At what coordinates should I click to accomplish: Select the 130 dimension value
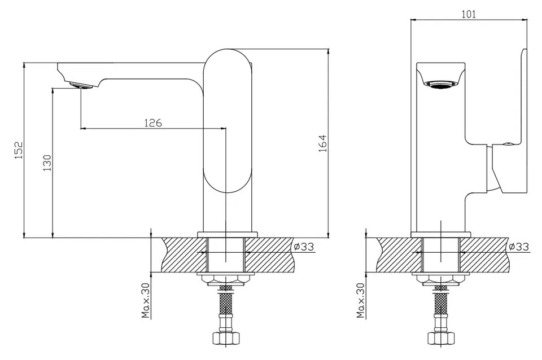[47, 163]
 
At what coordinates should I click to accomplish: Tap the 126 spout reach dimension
[153, 122]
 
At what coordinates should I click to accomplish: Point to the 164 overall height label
[322, 143]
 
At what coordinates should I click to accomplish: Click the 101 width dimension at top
[469, 14]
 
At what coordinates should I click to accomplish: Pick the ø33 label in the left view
[304, 247]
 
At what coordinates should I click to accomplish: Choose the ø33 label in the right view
[519, 247]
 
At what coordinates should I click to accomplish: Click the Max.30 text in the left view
[146, 300]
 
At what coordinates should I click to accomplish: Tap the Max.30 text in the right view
[361, 300]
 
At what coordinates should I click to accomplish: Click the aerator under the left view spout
[81, 85]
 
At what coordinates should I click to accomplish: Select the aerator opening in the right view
[441, 84]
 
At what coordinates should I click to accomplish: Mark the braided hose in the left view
[225, 304]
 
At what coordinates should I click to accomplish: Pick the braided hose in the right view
[440, 304]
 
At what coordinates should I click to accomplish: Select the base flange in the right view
[441, 234]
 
